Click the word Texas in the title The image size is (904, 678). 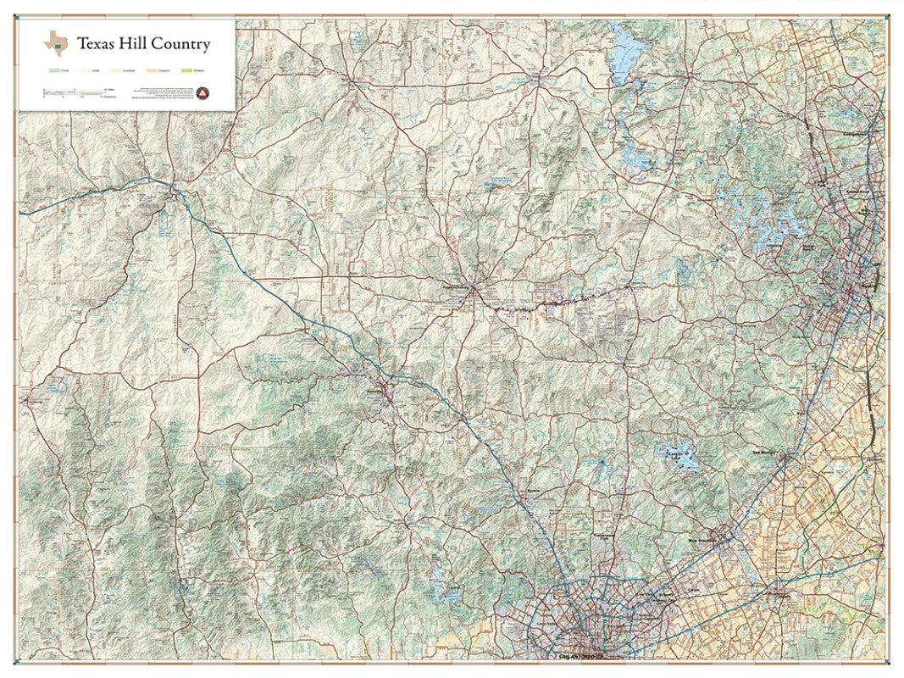(x=94, y=44)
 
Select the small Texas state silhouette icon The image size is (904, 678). (x=57, y=42)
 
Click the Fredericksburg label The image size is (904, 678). (x=458, y=286)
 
